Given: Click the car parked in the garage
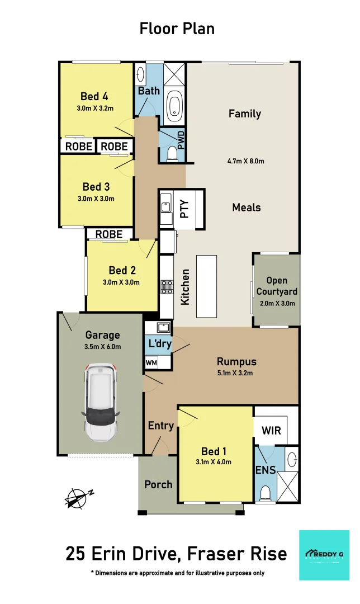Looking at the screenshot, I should [101, 401].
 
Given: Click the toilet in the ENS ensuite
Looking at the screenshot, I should [266, 492].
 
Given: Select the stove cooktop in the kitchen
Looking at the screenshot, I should [167, 287].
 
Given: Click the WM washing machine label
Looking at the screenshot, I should [151, 362].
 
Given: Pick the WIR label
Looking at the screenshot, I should [271, 431].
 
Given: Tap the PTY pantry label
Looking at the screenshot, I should [184, 209].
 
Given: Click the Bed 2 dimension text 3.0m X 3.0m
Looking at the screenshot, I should [121, 282].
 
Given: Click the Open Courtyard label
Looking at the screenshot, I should [277, 286].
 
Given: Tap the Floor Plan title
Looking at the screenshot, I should [177, 29].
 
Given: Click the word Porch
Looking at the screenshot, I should [158, 484].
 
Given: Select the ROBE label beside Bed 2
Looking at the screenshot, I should [110, 234].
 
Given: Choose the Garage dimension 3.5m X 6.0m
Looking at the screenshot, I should [102, 347].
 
